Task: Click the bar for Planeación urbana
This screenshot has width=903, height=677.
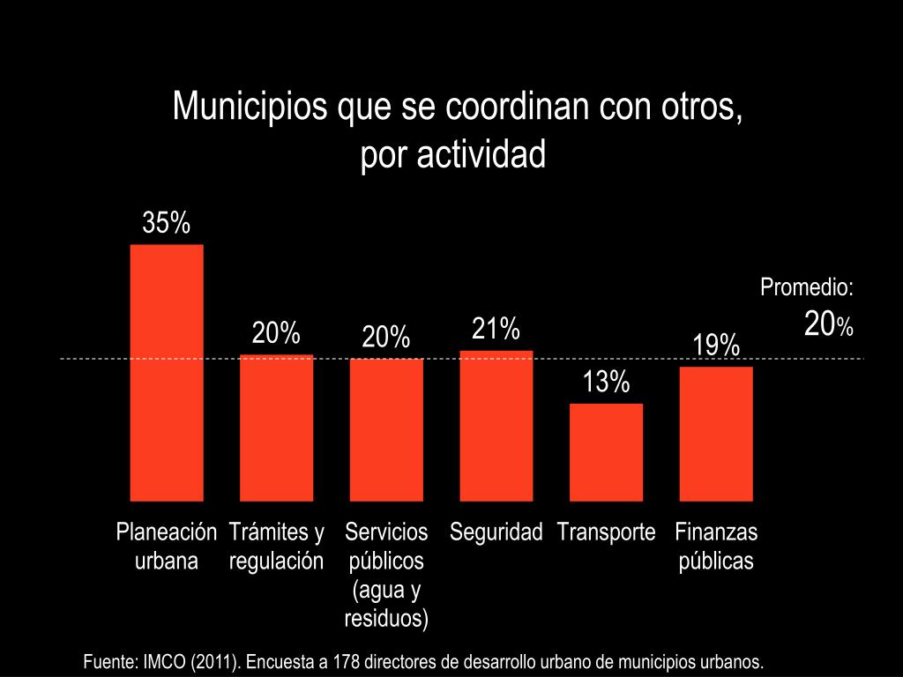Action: click(167, 372)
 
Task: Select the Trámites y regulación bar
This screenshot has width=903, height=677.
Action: click(276, 428)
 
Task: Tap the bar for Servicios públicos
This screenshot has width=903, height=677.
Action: click(386, 429)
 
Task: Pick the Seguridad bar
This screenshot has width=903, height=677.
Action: click(496, 426)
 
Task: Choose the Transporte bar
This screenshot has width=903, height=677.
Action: click(606, 452)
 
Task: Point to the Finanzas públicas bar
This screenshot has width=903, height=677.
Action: click(716, 434)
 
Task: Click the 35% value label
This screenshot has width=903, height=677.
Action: click(167, 224)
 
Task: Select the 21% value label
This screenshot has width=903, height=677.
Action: click(496, 330)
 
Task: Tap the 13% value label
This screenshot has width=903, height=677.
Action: click(606, 383)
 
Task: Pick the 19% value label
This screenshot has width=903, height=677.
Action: click(716, 346)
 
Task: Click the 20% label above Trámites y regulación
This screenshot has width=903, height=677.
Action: click(276, 333)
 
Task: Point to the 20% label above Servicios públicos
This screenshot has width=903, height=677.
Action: click(386, 337)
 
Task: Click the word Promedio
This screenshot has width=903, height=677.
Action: click(806, 287)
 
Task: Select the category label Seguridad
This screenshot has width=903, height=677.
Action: click(496, 532)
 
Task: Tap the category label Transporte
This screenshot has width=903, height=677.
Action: click(606, 532)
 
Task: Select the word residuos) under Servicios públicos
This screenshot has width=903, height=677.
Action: click(386, 618)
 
